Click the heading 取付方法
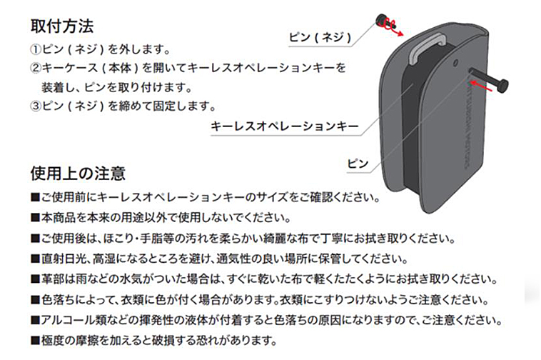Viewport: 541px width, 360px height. [62, 26]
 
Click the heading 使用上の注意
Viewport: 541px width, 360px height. [78, 174]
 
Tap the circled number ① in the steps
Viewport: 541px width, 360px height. [36, 50]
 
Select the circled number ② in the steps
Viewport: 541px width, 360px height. [36, 68]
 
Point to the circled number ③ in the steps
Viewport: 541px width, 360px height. [36, 106]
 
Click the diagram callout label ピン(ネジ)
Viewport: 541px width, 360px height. [320, 37]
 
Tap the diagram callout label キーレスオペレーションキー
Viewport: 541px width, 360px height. [285, 126]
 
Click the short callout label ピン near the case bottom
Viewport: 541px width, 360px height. [358, 164]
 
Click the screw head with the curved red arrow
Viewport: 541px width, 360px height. [383, 21]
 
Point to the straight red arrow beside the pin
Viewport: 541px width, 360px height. [481, 86]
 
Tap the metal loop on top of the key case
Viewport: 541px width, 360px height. [427, 49]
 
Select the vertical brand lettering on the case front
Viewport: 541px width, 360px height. [468, 124]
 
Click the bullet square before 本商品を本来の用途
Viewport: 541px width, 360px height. [35, 218]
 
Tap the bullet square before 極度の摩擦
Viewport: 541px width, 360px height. [35, 341]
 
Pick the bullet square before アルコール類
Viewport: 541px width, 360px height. [35, 321]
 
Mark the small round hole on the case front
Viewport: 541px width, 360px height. [455, 63]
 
